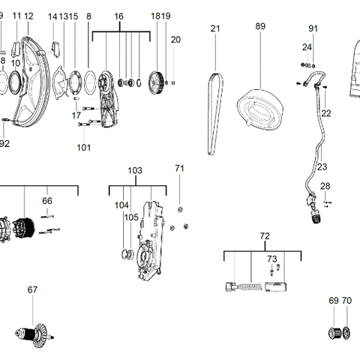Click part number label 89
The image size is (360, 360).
coord(260,26)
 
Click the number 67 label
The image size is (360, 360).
coord(32,289)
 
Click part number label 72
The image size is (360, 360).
coord(264,236)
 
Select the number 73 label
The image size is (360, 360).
coord(272,258)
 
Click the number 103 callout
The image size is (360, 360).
coord(135,171)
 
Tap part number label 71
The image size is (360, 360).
coord(179,168)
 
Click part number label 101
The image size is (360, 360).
coord(83,147)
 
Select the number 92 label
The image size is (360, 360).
coord(4,142)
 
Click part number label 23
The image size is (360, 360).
coord(322,166)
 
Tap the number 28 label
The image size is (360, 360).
coord(325,186)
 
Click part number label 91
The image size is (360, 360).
coord(313,28)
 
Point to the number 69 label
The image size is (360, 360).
coord(334,301)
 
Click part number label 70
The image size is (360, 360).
coord(346,301)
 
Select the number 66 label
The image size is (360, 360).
coord(46,200)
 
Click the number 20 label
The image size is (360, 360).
coord(175,39)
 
